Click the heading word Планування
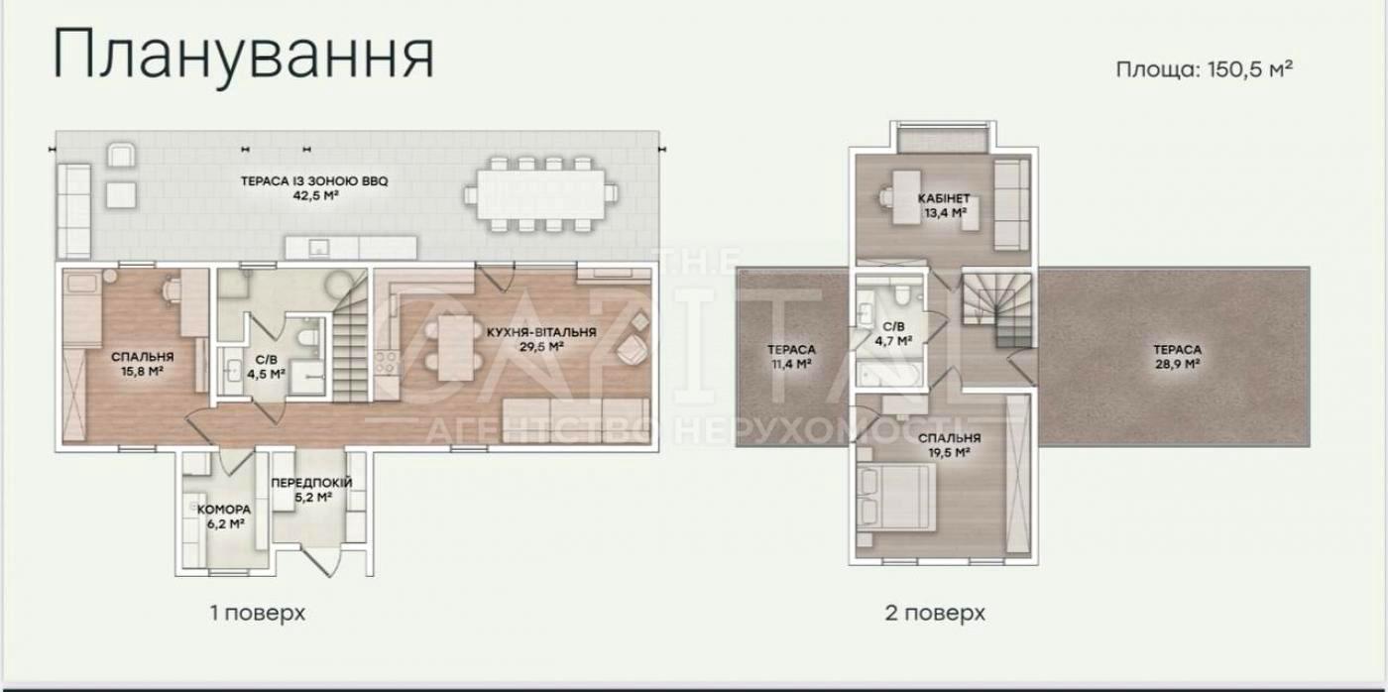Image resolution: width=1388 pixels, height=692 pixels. point(244,56)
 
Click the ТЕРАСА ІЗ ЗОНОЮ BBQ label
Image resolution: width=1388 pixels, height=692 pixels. point(314,181)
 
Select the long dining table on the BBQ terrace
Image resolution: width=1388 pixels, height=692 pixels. point(541,194)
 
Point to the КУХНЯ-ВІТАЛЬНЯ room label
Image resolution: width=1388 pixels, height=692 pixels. point(541,333)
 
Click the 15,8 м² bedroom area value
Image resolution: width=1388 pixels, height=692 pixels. point(143,371)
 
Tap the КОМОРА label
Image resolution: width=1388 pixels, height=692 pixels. point(224,510)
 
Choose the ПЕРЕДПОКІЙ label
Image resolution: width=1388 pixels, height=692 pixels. point(311,483)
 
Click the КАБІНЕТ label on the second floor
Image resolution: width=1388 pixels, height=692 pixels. point(944,199)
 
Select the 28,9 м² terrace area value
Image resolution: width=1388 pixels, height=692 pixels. point(1177,364)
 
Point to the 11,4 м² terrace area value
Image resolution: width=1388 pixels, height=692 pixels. point(791,364)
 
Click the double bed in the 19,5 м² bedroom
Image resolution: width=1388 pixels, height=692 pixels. point(895,498)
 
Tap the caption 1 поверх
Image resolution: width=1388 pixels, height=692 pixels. point(258,614)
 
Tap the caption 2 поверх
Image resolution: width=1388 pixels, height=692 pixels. point(935,614)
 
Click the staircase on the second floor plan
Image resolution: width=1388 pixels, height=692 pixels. point(997,309)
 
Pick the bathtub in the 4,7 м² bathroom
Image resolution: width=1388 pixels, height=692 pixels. point(890,375)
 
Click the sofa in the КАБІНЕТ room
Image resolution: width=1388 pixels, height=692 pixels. point(1011,204)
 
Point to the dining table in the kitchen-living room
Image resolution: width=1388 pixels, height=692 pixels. point(456,348)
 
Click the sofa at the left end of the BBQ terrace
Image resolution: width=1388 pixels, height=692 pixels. point(73,211)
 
